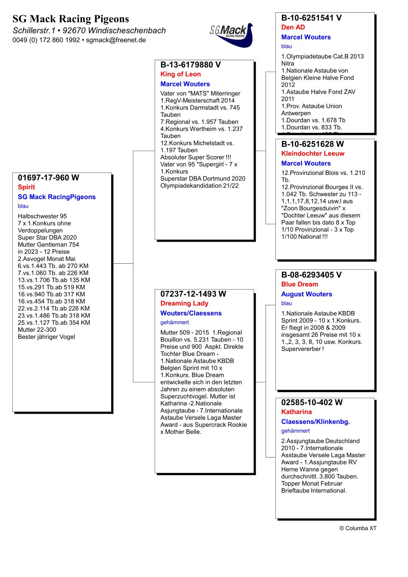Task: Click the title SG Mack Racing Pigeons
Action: pos(71,19)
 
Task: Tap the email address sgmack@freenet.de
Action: pos(116,40)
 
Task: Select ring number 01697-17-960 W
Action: pos(48,178)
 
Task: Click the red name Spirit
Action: pos(26,187)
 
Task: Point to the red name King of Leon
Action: pos(181,74)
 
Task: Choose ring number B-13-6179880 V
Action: pos(190,65)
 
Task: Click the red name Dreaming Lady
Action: pos(184,303)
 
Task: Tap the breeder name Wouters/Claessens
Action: pos(191,313)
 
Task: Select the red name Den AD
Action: pos(293,27)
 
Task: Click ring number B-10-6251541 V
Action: pos(311,18)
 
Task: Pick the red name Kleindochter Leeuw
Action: pos(313,153)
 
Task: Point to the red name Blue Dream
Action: pos(300,284)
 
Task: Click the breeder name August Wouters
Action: pos(306,294)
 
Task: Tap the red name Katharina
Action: pos(296,412)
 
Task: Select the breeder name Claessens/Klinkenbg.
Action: pos(316,422)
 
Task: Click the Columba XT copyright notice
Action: pos(358,528)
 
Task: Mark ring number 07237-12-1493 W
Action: pos(193,294)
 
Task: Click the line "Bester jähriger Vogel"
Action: pos(46,337)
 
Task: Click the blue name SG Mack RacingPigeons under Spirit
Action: pos(56,197)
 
